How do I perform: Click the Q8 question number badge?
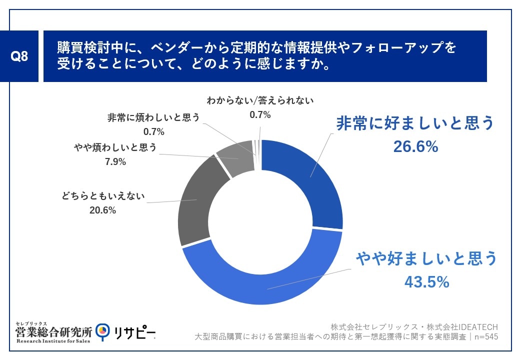point(19,56)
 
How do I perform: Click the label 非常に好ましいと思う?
point(415,123)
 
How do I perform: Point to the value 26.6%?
point(415,146)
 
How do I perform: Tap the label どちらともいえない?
point(103,195)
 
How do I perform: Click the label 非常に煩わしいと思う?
point(153,117)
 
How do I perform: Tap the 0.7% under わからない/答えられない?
point(260,114)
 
